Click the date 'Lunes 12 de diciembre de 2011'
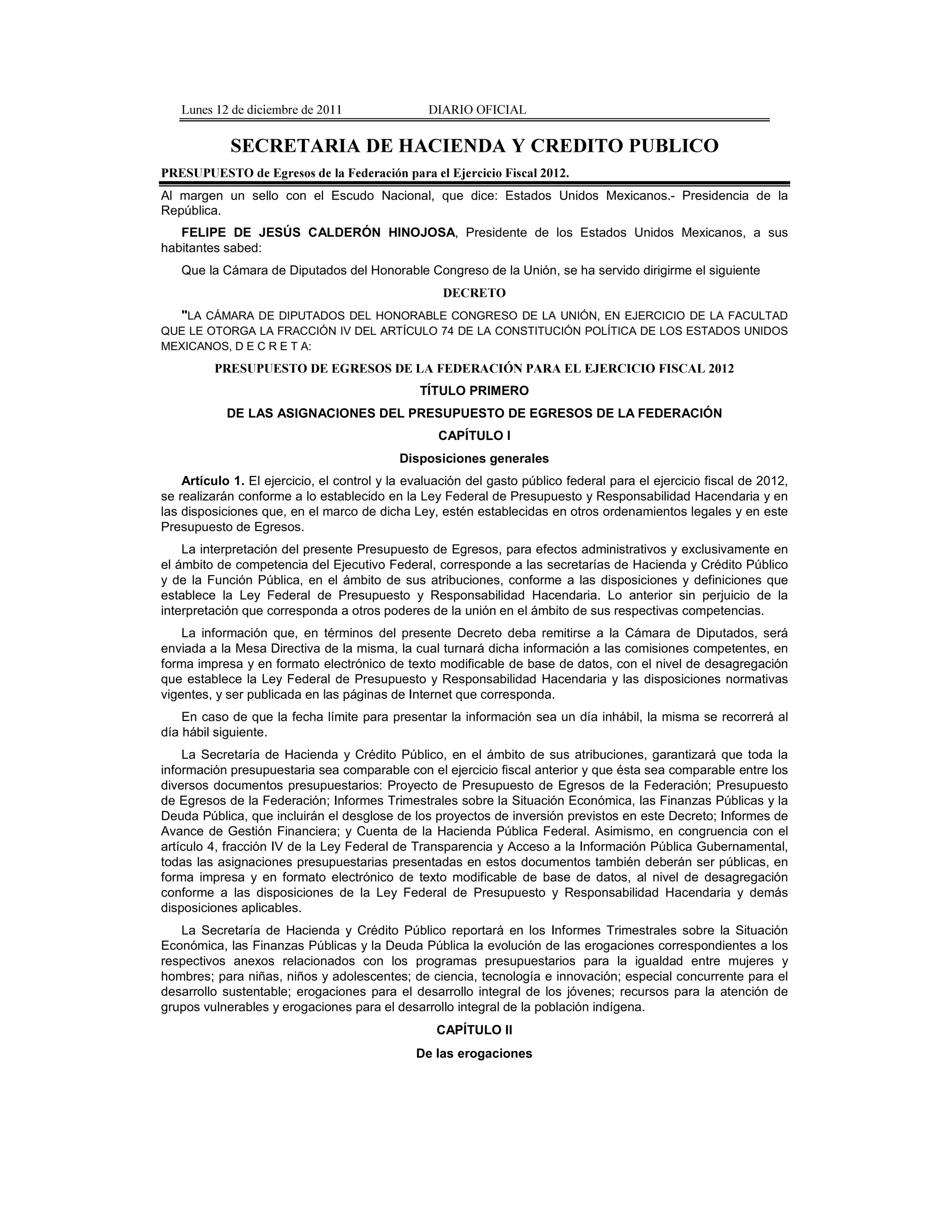tap(261, 110)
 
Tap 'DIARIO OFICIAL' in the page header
tap(477, 110)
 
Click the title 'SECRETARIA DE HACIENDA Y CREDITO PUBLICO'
tap(474, 146)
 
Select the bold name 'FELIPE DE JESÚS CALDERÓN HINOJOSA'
tap(318, 232)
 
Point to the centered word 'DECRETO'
tap(474, 293)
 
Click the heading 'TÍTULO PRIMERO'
tap(474, 390)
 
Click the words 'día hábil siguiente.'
tap(214, 732)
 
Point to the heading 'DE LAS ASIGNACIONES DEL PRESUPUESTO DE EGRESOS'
tap(474, 413)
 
